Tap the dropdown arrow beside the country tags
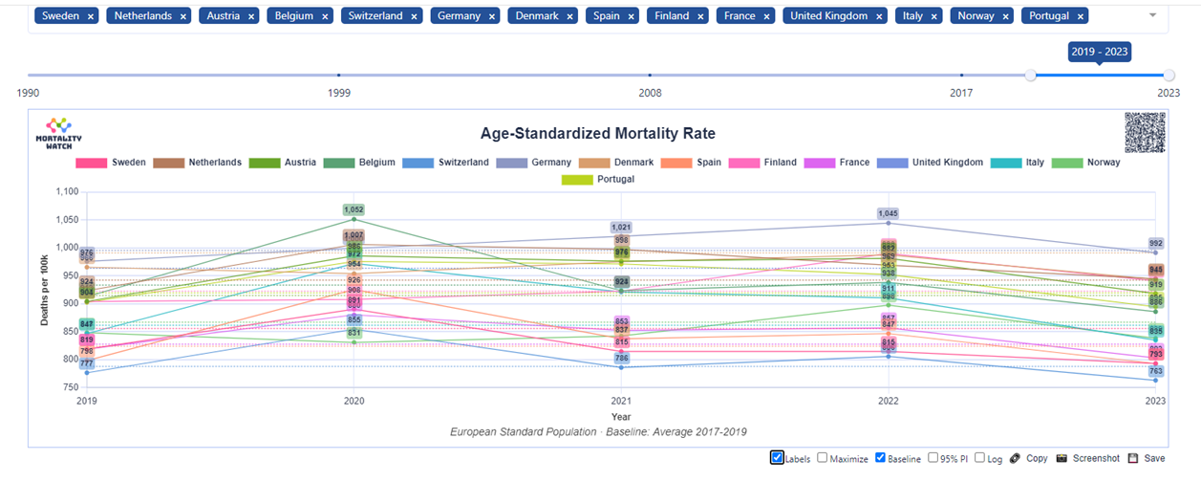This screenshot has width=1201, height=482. [1152, 16]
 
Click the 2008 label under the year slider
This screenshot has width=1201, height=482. [650, 93]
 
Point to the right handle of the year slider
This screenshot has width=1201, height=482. [1169, 75]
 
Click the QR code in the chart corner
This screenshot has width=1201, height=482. [1146, 132]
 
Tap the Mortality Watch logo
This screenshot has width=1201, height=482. [58, 132]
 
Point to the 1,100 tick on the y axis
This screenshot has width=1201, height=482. [65, 191]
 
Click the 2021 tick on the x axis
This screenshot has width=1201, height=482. [621, 403]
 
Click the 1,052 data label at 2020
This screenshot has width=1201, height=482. [354, 209]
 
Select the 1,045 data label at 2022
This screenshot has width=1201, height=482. [889, 213]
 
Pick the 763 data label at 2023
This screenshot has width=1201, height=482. [1156, 371]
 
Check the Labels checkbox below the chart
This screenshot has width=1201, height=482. [777, 458]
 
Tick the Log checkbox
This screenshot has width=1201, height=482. [979, 458]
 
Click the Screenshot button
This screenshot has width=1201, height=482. [1088, 459]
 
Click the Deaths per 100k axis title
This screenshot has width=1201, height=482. [45, 290]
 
